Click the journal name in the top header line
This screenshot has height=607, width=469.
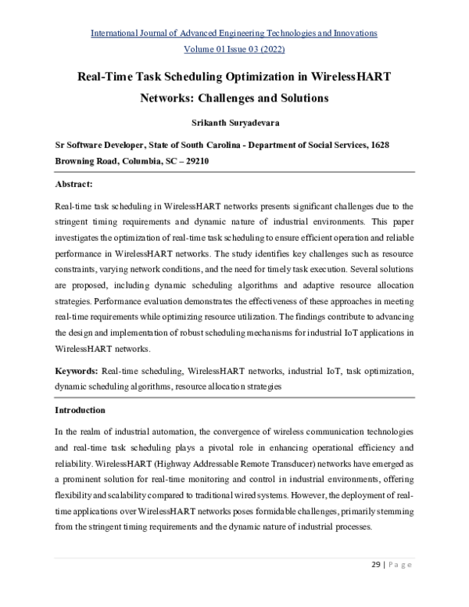(x=234, y=33)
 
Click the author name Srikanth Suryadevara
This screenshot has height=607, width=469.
(x=234, y=123)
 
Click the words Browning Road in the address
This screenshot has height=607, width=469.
(x=84, y=160)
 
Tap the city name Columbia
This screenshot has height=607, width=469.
(x=141, y=160)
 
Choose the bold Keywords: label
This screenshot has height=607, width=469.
(x=76, y=372)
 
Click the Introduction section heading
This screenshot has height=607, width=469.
(x=81, y=410)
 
